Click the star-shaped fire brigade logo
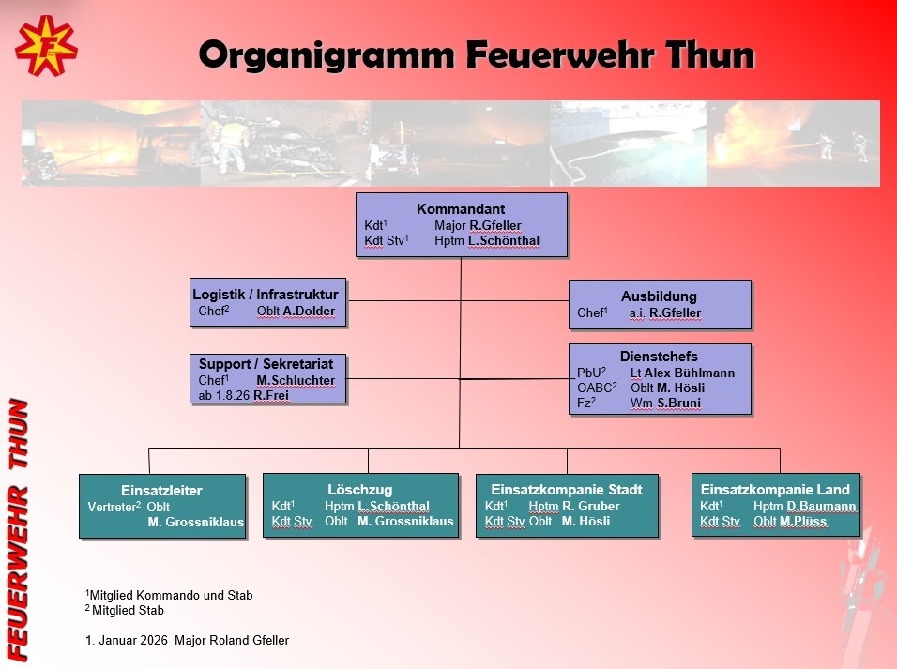click(x=46, y=46)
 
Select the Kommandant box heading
click(x=461, y=208)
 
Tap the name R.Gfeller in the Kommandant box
click(x=495, y=226)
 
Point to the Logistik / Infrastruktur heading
click(x=266, y=294)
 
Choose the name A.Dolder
click(x=309, y=312)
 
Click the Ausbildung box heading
click(x=659, y=296)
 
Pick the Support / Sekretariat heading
click(x=267, y=363)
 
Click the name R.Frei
click(x=271, y=396)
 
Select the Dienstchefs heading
click(x=659, y=357)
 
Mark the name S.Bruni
click(x=678, y=403)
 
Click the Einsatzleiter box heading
click(x=161, y=491)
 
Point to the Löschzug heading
click(x=359, y=490)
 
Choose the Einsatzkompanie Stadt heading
click(x=566, y=490)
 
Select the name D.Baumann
click(x=821, y=507)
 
